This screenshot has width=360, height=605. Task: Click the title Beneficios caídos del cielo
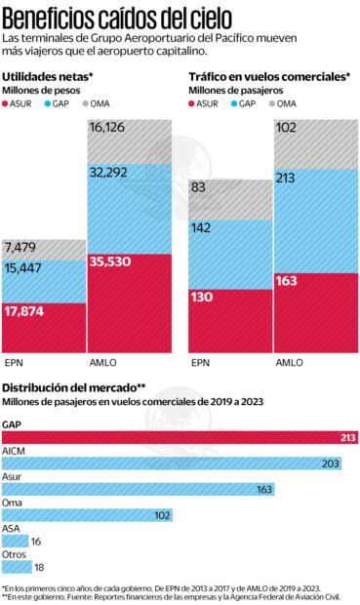point(127,16)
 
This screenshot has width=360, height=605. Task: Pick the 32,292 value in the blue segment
point(109,172)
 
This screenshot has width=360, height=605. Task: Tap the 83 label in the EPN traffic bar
point(198,187)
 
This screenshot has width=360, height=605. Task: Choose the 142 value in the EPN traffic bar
point(201,228)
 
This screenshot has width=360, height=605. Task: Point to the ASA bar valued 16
point(15,540)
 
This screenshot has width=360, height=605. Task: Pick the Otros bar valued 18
point(17,565)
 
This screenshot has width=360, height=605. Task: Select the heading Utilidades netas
point(48,76)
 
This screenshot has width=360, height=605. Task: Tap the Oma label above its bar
point(12,502)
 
